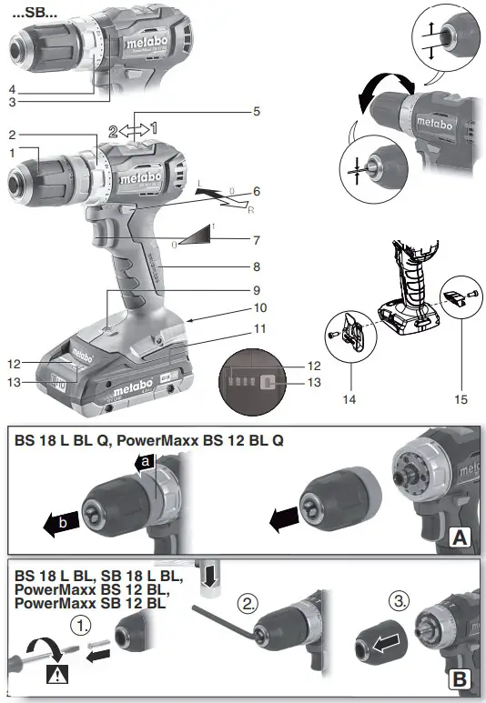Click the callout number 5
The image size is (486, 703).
click(258, 111)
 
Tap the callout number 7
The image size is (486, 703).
click(258, 240)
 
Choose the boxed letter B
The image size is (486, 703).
click(459, 677)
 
